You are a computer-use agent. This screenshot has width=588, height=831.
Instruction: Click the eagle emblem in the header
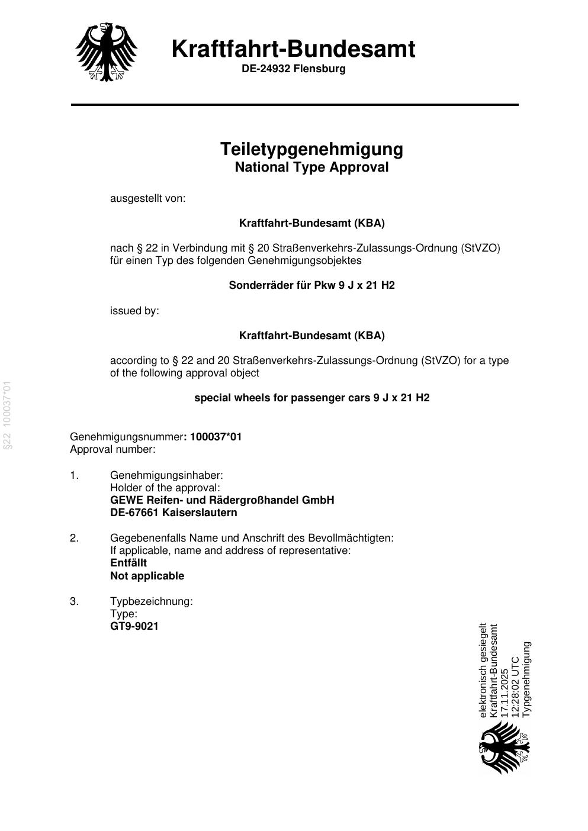click(107, 52)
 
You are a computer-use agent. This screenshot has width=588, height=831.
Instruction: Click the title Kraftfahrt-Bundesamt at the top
click(293, 49)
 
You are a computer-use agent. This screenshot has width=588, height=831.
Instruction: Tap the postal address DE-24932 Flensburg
click(293, 69)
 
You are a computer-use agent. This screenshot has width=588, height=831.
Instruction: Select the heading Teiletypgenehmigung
click(311, 149)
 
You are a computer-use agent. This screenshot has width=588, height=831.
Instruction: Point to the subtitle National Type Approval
click(311, 168)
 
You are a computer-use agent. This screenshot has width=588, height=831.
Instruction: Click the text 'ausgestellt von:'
click(147, 198)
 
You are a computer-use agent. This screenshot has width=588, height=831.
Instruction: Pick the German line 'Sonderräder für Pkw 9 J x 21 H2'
click(311, 285)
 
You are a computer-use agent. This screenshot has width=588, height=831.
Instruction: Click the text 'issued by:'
click(134, 311)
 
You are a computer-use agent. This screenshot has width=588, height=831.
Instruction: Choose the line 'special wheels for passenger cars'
click(311, 398)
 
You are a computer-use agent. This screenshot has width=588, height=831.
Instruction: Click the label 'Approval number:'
click(113, 449)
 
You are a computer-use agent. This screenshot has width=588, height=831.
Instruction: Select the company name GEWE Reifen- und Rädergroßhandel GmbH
click(222, 500)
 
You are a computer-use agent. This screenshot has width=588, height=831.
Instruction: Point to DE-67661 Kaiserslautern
click(173, 513)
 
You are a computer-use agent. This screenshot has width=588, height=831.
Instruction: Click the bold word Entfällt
click(128, 563)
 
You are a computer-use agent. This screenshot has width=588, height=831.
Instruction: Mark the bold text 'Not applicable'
click(147, 576)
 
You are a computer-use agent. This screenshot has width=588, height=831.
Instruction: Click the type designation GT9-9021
click(134, 626)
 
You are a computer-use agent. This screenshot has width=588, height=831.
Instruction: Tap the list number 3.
click(74, 601)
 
